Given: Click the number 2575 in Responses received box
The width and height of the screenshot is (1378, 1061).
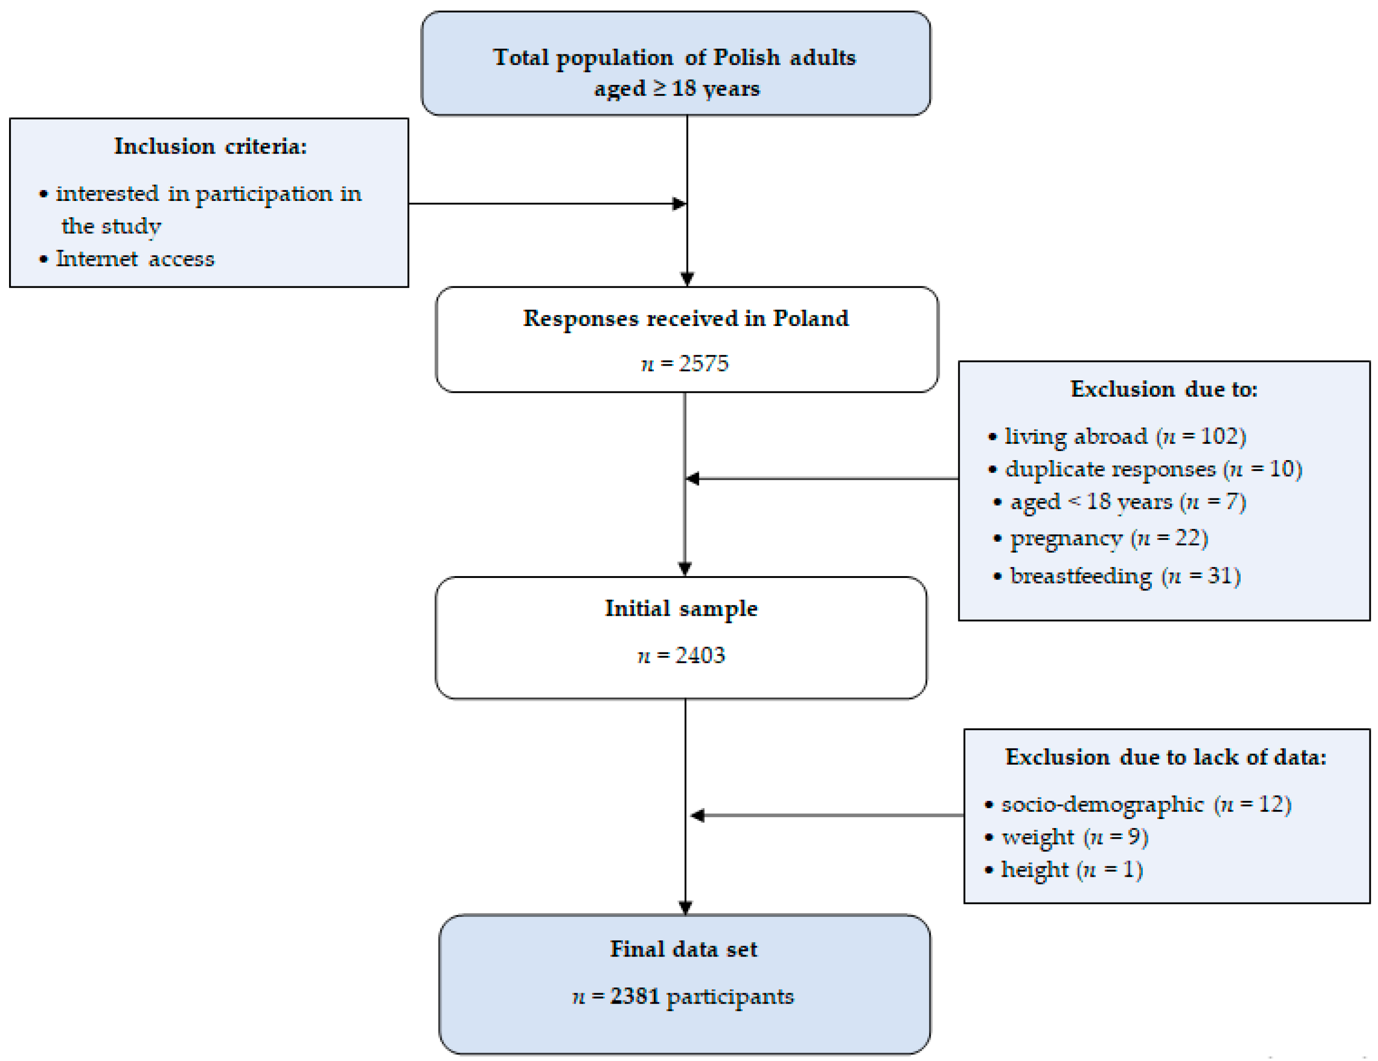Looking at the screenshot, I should click(703, 364).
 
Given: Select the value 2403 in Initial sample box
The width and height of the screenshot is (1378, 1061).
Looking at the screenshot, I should click(700, 655).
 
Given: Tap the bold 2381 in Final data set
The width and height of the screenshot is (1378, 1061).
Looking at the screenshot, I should click(634, 996).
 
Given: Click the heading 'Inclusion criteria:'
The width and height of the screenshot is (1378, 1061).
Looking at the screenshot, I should click(210, 147).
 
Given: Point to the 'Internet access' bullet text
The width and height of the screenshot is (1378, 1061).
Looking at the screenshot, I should click(135, 259).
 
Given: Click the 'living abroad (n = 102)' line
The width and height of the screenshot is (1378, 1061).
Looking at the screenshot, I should click(1125, 436).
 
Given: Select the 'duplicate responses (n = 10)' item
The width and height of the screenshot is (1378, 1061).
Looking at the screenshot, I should click(1153, 469).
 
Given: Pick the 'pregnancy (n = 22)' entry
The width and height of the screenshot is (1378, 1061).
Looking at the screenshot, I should click(1109, 538).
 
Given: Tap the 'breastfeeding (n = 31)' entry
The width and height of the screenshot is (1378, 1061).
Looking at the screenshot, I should click(1125, 576).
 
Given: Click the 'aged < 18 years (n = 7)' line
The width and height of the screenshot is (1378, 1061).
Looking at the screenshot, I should click(1128, 502).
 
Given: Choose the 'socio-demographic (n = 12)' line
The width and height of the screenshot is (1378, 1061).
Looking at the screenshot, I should click(1146, 804).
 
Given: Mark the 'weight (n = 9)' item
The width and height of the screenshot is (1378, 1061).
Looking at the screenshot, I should click(1075, 837).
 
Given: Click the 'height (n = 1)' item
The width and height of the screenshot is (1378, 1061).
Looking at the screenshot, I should click(1071, 870).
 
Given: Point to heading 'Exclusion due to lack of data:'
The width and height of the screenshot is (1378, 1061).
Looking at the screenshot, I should click(1165, 757).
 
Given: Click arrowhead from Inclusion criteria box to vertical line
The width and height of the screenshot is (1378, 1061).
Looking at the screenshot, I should click(680, 204).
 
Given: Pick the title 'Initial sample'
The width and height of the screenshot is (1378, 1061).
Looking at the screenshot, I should click(681, 609).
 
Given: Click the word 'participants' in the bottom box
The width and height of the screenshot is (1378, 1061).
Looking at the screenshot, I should click(729, 996).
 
